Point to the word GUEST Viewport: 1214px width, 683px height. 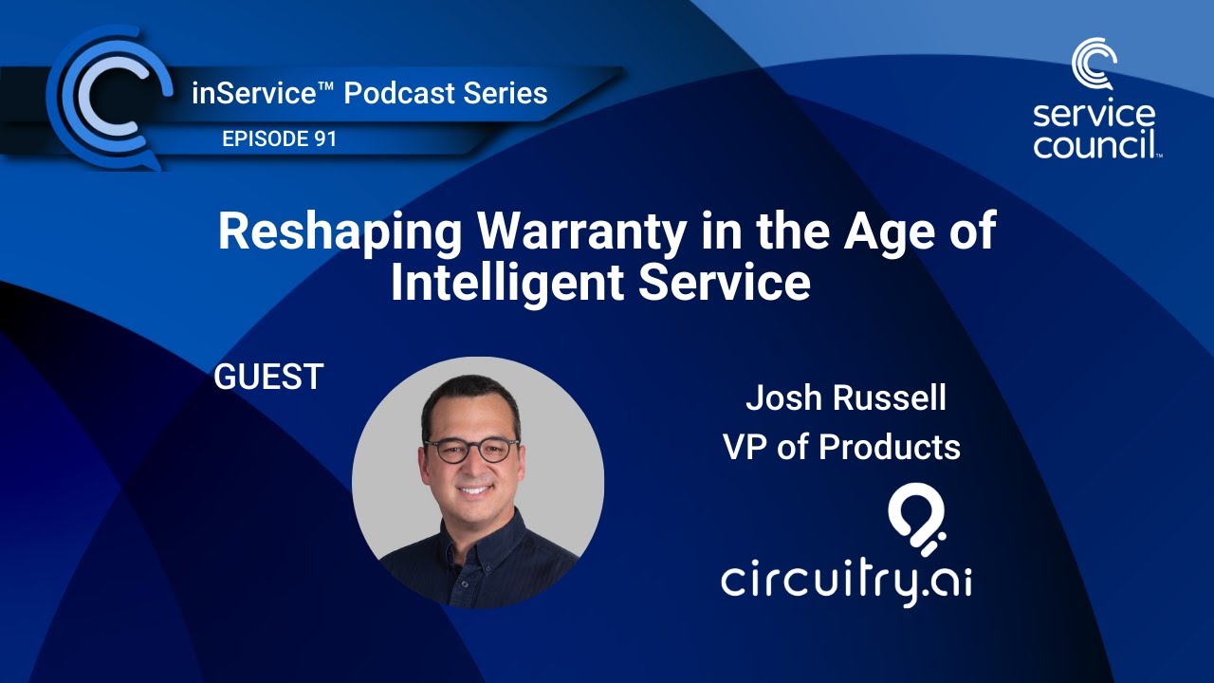coord(269,378)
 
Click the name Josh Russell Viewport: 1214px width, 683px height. coord(845,398)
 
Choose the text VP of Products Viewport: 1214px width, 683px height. coord(842,447)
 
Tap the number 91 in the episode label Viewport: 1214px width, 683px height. coord(322,139)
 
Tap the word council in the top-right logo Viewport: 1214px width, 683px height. coord(1095,145)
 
